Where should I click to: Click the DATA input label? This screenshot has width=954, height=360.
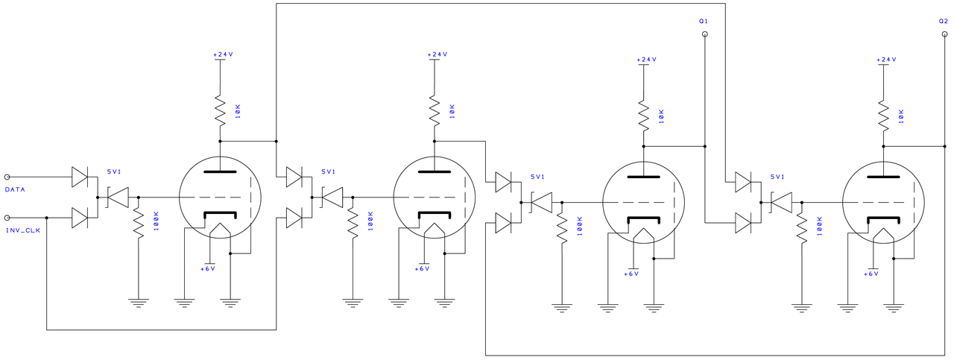(x=15, y=189)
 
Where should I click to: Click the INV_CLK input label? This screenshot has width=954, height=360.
(x=23, y=230)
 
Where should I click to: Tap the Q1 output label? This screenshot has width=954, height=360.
(x=703, y=21)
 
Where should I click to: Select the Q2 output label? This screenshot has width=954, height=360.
(x=944, y=21)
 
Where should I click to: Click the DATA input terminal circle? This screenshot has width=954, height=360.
(x=7, y=177)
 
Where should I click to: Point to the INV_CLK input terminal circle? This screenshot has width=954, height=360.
(x=7, y=218)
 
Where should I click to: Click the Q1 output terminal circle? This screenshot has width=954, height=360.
(x=705, y=34)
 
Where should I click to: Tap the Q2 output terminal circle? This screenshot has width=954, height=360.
(x=944, y=34)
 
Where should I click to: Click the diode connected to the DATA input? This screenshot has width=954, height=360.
(x=80, y=177)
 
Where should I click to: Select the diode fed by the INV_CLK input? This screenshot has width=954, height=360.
(x=80, y=218)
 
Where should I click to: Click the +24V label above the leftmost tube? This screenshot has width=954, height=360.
(x=223, y=54)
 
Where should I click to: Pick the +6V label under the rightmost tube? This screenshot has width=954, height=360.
(x=871, y=274)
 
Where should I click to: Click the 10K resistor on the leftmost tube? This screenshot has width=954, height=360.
(x=220, y=110)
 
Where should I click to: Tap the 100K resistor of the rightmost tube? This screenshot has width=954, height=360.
(x=802, y=228)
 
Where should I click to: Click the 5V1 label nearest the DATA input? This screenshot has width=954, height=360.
(x=114, y=171)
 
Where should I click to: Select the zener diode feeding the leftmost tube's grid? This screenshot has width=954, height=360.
(x=118, y=198)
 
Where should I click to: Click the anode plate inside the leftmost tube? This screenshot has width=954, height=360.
(x=220, y=172)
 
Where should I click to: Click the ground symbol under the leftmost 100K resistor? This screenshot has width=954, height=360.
(x=139, y=303)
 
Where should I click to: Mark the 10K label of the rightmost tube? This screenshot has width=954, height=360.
(x=901, y=116)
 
